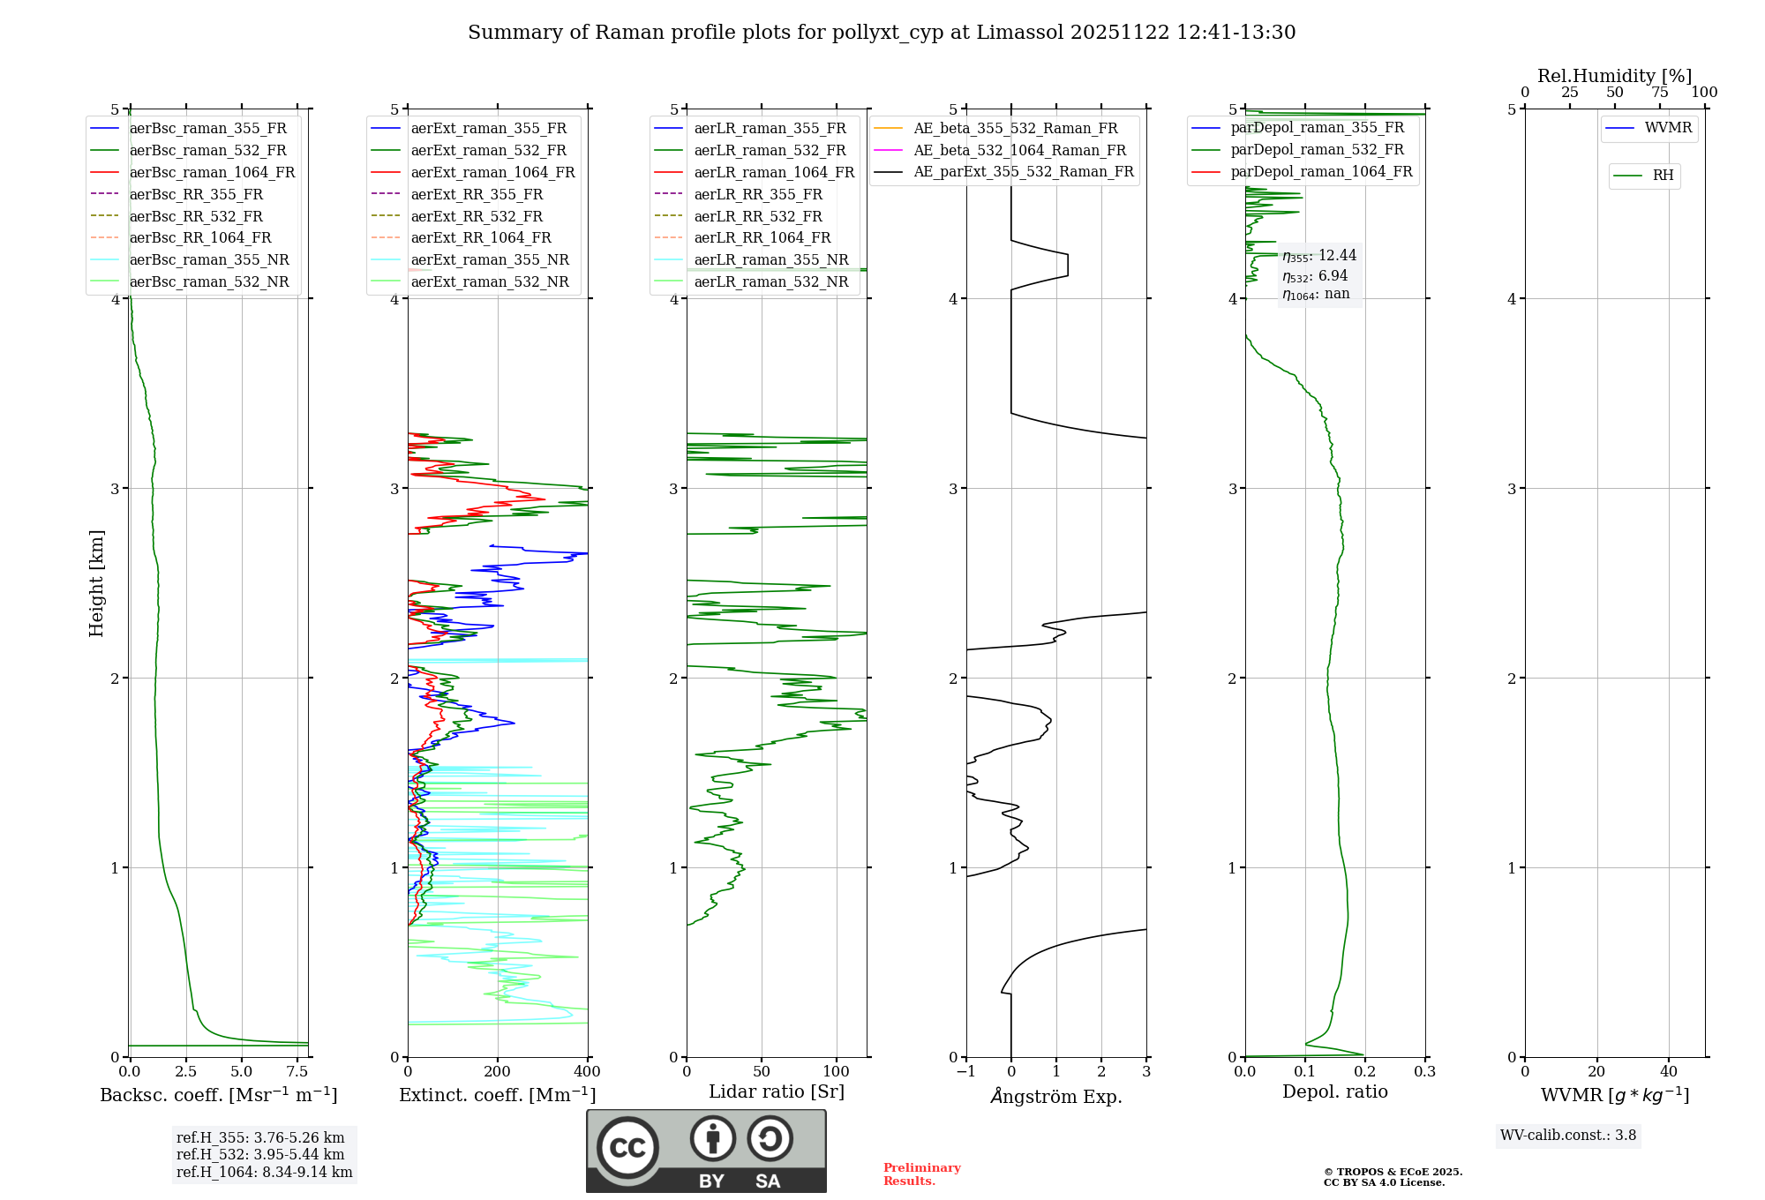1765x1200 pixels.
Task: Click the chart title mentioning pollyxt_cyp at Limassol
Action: pos(882,33)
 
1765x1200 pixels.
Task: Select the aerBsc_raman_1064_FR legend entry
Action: pos(212,172)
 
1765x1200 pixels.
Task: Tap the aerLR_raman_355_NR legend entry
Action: pos(770,259)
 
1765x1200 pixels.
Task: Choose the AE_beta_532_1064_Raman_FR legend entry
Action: pos(1019,150)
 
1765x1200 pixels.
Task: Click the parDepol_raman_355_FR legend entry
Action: pos(1317,128)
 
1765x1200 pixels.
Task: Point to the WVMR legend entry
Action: pos(1668,128)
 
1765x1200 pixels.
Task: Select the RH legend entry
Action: pos(1663,176)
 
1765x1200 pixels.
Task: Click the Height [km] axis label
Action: pos(96,583)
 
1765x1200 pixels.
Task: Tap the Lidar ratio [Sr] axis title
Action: pos(777,1091)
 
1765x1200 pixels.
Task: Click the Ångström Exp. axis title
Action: pos(1056,1096)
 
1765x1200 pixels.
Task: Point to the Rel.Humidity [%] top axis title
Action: pos(1614,76)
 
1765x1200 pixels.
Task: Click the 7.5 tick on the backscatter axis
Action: pos(297,1072)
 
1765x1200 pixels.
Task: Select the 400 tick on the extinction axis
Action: pos(588,1072)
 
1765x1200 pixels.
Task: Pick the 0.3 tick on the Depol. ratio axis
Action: pos(1425,1072)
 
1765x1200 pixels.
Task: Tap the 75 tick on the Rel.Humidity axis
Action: pos(1660,93)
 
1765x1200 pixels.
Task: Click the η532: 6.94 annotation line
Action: pos(1315,276)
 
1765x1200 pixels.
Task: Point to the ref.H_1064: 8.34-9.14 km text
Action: pos(264,1172)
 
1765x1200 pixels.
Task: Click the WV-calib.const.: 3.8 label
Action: pos(1568,1136)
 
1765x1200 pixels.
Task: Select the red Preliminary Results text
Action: pos(921,1174)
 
